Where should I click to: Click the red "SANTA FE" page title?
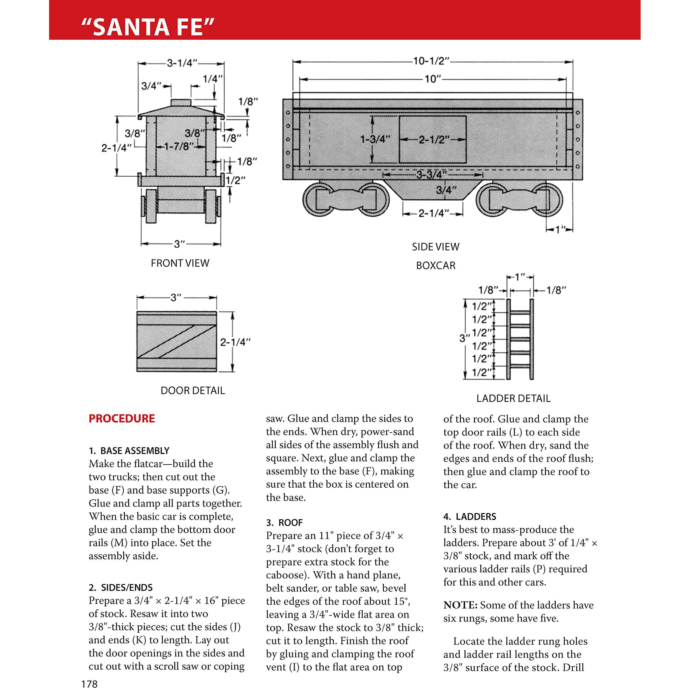pyautogui.click(x=148, y=27)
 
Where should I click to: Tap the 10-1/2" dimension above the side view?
pyautogui.click(x=431, y=61)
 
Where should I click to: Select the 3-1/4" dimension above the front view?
pyautogui.click(x=182, y=64)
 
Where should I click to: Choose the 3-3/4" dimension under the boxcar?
pyautogui.click(x=432, y=175)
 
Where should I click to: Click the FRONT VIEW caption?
pyautogui.click(x=180, y=263)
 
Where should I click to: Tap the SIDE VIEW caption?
pyautogui.click(x=436, y=247)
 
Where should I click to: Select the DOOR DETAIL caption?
pyautogui.click(x=193, y=390)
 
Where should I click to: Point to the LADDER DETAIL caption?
pyautogui.click(x=514, y=398)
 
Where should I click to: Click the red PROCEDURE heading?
pyautogui.click(x=122, y=418)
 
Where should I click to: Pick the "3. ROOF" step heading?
pyautogui.click(x=284, y=522)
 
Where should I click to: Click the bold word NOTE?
pyautogui.click(x=460, y=605)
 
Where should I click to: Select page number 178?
pyautogui.click(x=89, y=684)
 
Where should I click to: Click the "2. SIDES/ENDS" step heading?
pyautogui.click(x=121, y=587)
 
